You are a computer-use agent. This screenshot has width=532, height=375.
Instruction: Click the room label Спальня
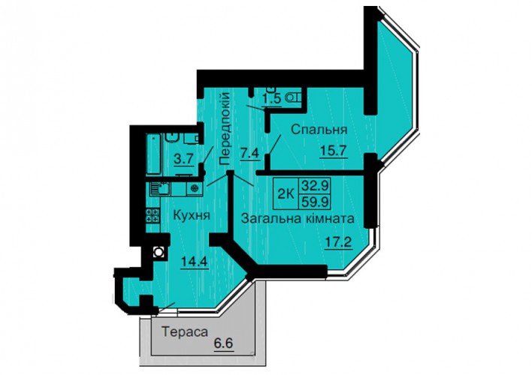[x=319, y=130]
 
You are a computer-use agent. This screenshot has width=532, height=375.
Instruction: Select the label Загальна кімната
[x=298, y=218]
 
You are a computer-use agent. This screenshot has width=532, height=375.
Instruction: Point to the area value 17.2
[x=338, y=242]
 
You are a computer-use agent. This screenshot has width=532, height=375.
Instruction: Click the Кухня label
[x=192, y=215]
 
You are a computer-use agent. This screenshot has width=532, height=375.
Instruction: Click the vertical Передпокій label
[x=225, y=128]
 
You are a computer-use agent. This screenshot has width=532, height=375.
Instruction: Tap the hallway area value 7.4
[x=249, y=153]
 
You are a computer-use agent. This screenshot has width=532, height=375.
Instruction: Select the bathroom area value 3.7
[x=183, y=159]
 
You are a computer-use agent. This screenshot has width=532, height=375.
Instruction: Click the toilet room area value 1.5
[x=271, y=98]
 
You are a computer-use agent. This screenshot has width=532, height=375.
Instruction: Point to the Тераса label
[x=185, y=331]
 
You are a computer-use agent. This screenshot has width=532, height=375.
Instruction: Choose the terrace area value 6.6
[x=224, y=343]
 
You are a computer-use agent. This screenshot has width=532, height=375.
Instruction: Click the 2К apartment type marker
[x=286, y=194]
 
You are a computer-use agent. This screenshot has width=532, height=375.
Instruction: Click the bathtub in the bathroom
[x=153, y=154]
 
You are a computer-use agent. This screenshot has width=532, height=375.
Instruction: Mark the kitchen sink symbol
[x=161, y=189]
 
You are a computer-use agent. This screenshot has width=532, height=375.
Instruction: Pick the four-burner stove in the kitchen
[x=153, y=215]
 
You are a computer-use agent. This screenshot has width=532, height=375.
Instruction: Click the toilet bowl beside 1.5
[x=294, y=97]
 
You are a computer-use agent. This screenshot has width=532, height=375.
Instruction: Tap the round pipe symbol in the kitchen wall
[x=158, y=252]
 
